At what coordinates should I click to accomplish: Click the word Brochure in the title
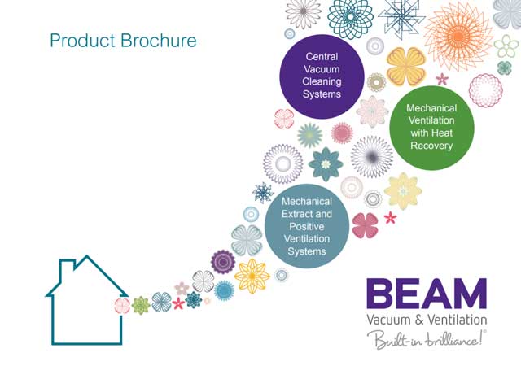click(x=159, y=41)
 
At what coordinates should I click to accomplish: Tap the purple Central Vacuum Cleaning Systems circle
click(x=322, y=76)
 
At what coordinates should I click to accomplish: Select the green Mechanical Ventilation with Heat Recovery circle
click(x=431, y=128)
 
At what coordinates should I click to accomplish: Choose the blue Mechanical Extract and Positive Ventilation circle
click(x=307, y=226)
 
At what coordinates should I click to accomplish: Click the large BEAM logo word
click(x=427, y=294)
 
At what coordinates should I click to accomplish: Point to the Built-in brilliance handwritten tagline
click(x=427, y=339)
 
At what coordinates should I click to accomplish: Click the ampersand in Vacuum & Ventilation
click(x=419, y=320)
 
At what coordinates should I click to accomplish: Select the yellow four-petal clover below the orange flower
click(x=406, y=67)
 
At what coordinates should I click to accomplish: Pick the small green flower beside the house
click(x=141, y=306)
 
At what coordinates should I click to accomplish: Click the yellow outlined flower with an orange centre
click(x=252, y=277)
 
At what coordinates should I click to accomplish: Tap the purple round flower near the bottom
click(x=223, y=262)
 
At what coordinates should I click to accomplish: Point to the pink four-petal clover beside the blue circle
click(x=366, y=225)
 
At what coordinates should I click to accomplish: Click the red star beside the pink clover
click(x=391, y=217)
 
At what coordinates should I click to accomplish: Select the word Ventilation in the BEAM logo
click(x=457, y=320)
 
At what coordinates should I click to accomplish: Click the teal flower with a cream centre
click(x=326, y=164)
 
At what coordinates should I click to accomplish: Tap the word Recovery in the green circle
click(x=431, y=146)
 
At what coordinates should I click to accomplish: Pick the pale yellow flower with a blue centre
click(x=403, y=191)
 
